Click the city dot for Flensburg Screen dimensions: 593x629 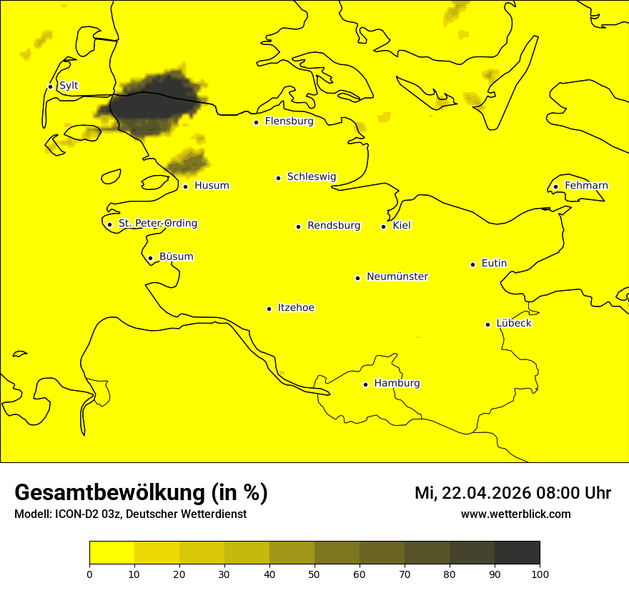click(x=256, y=122)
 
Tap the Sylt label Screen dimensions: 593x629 click(x=69, y=86)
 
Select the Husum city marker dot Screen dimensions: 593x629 click(x=185, y=186)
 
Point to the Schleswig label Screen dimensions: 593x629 click(x=311, y=176)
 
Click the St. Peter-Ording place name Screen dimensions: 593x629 click(x=157, y=224)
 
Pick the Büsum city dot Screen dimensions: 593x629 click(x=150, y=258)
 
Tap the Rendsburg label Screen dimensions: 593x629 click(x=334, y=226)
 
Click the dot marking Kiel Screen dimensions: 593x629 click(x=383, y=226)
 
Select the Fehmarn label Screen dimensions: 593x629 click(x=586, y=186)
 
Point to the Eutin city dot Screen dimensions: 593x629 click(x=472, y=264)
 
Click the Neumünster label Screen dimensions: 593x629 click(x=397, y=276)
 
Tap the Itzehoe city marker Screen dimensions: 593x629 click(x=269, y=309)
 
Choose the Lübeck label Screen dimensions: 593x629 click(x=513, y=324)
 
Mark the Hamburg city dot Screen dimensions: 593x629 click(x=365, y=384)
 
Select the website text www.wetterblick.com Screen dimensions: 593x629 click(x=516, y=514)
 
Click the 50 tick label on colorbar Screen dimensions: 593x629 click(x=314, y=574)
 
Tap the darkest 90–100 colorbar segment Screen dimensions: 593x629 click(x=517, y=553)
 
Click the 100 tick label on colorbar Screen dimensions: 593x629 click(x=540, y=574)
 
